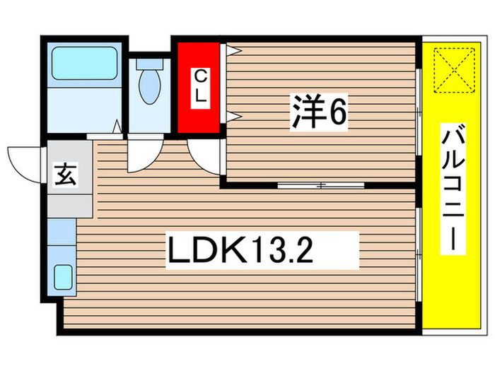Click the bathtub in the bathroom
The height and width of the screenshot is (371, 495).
coord(83,63)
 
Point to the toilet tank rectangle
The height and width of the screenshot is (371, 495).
coord(150,62)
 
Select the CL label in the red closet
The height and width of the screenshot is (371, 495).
coord(200,86)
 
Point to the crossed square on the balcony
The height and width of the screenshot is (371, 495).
coord(452,69)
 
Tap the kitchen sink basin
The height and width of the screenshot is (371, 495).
coord(64,276)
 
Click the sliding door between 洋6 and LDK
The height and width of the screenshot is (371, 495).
coord(320,186)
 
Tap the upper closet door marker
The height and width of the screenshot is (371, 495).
coord(233,50)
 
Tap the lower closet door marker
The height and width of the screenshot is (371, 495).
coord(233,116)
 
